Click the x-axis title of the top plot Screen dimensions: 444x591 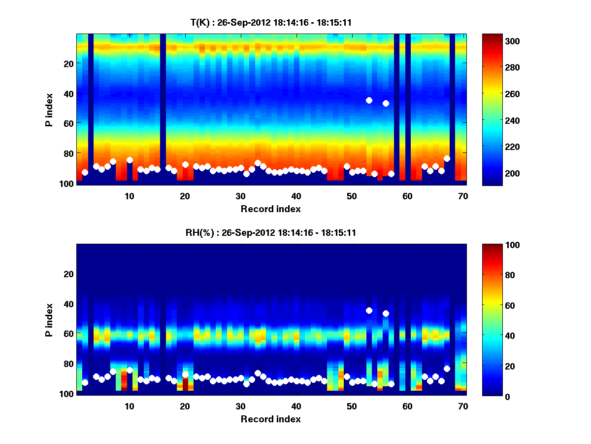270,209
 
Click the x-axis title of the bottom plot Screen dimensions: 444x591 270,419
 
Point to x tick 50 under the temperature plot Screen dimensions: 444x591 352,196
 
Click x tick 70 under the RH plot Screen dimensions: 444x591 463,406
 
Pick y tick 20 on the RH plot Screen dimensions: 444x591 68,274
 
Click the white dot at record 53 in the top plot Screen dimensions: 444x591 369,100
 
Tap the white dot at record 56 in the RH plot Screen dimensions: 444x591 386,313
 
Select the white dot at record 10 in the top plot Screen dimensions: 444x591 130,160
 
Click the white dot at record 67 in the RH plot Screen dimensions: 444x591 447,369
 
